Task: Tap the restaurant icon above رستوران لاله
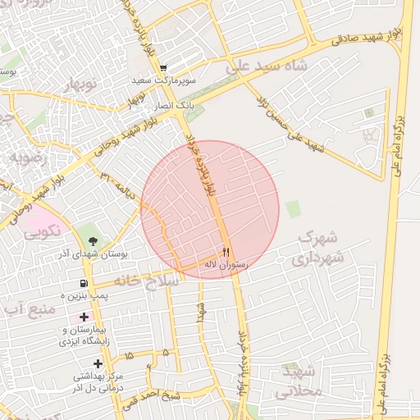pyautogui.click(x=226, y=252)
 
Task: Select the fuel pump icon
pyautogui.click(x=84, y=283)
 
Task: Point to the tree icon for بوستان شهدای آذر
pyautogui.click(x=92, y=242)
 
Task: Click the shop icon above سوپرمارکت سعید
pyautogui.click(x=163, y=69)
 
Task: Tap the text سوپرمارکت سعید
pyautogui.click(x=167, y=82)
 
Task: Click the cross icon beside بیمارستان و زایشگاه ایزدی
pyautogui.click(x=84, y=317)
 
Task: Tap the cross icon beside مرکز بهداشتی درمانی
pyautogui.click(x=98, y=363)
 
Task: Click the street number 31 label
pyautogui.click(x=104, y=176)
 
